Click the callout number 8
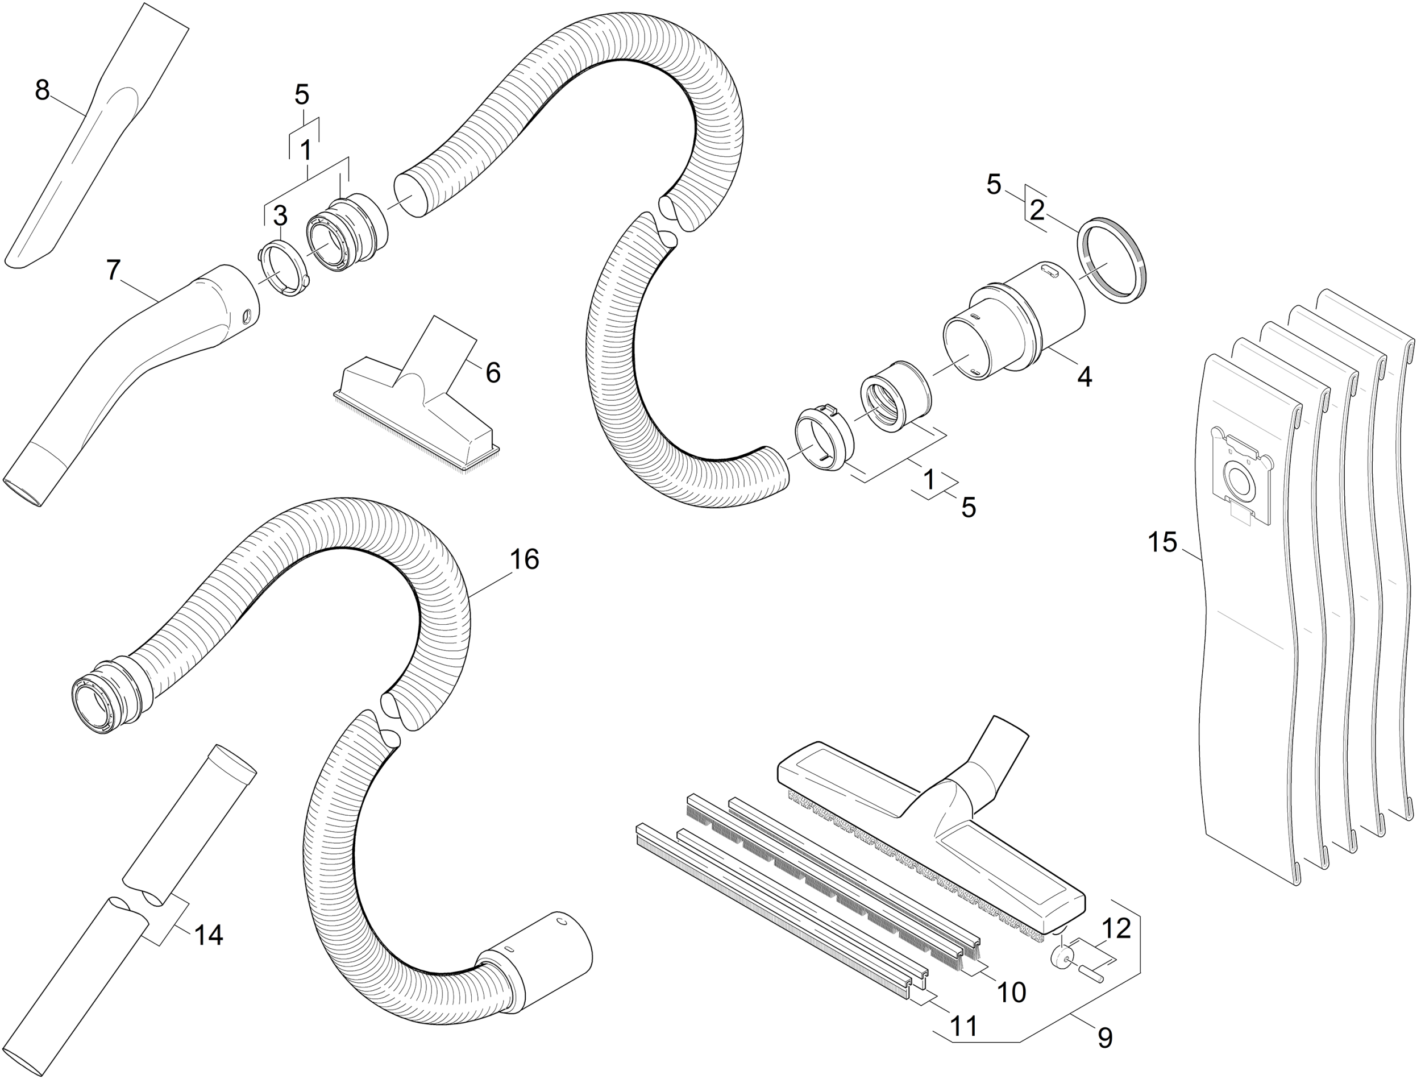pyautogui.click(x=43, y=90)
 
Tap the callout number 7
pyautogui.click(x=113, y=271)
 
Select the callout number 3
pyautogui.click(x=280, y=217)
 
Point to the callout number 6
pyautogui.click(x=493, y=373)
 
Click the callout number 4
pyautogui.click(x=1085, y=376)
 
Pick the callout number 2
pyautogui.click(x=1037, y=211)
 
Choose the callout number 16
pyautogui.click(x=524, y=560)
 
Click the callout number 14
pyautogui.click(x=208, y=935)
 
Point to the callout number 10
pyautogui.click(x=1011, y=992)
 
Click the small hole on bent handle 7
pyautogui.click(x=246, y=316)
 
